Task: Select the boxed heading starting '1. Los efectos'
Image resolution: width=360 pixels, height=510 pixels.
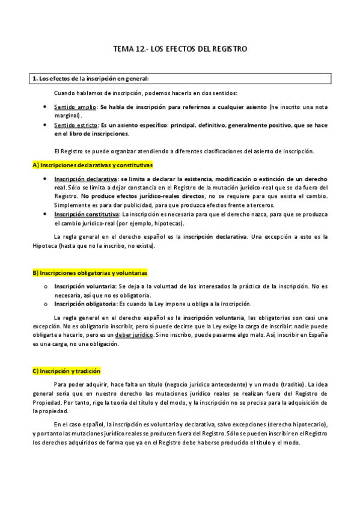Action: (91, 79)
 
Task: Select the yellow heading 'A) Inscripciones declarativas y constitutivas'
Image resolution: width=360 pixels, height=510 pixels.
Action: (92, 164)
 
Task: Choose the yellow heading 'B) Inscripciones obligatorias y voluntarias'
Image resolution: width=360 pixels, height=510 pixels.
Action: (90, 272)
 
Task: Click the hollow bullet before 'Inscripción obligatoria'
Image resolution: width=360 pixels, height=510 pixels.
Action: (46, 304)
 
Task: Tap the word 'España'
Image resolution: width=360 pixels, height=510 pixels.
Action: (316, 335)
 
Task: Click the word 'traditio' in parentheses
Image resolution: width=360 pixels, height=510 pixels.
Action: (291, 384)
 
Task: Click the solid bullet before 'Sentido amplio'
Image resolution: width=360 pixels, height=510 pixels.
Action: (46, 107)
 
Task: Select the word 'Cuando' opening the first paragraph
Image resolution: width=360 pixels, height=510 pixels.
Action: (64, 93)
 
